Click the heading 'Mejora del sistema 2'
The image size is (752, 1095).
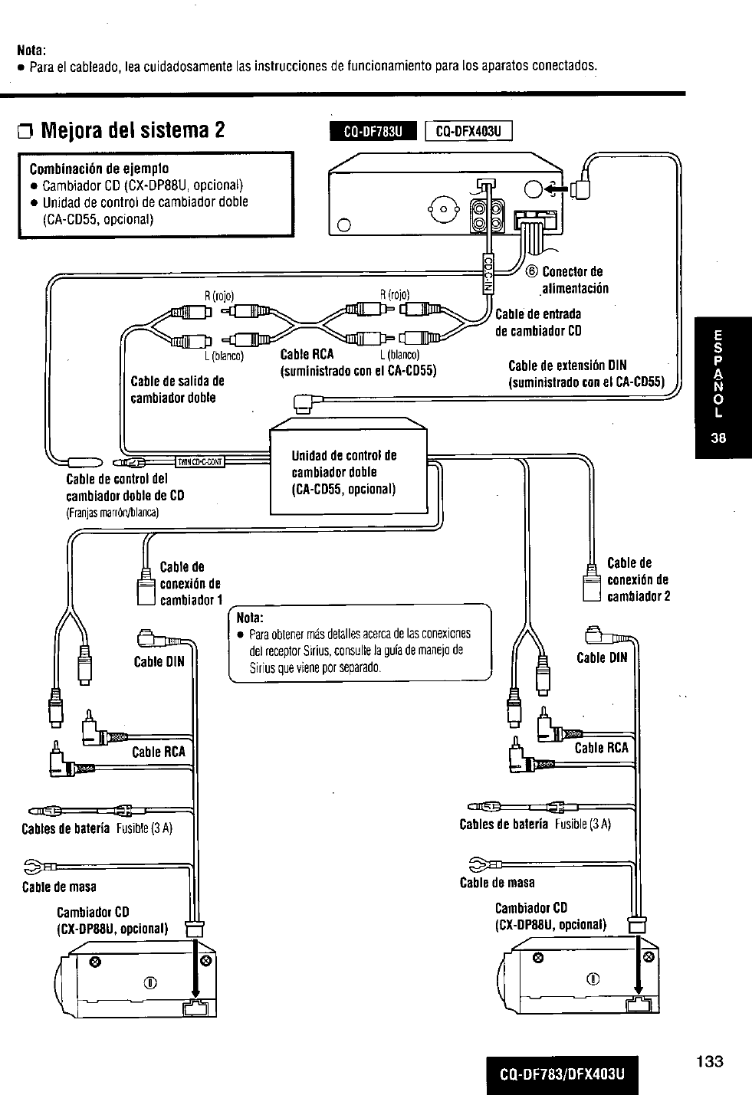click(x=132, y=129)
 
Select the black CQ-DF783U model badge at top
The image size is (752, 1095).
click(x=372, y=132)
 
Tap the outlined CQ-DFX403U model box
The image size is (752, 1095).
click(x=468, y=132)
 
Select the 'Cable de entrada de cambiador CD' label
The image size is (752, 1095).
click(x=538, y=322)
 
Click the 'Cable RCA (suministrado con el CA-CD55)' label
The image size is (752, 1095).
click(x=358, y=363)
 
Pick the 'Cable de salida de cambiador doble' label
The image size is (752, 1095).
click(x=177, y=389)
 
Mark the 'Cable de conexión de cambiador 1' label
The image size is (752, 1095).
click(x=190, y=583)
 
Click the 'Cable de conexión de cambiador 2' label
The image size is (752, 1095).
click(x=638, y=579)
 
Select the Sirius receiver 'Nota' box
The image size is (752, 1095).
click(x=360, y=642)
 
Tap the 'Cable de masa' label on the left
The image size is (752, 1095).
click(x=59, y=887)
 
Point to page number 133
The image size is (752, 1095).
click(x=710, y=1061)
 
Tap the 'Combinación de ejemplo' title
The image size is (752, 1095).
click(x=99, y=169)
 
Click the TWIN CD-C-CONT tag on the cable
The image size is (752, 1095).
click(x=199, y=461)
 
